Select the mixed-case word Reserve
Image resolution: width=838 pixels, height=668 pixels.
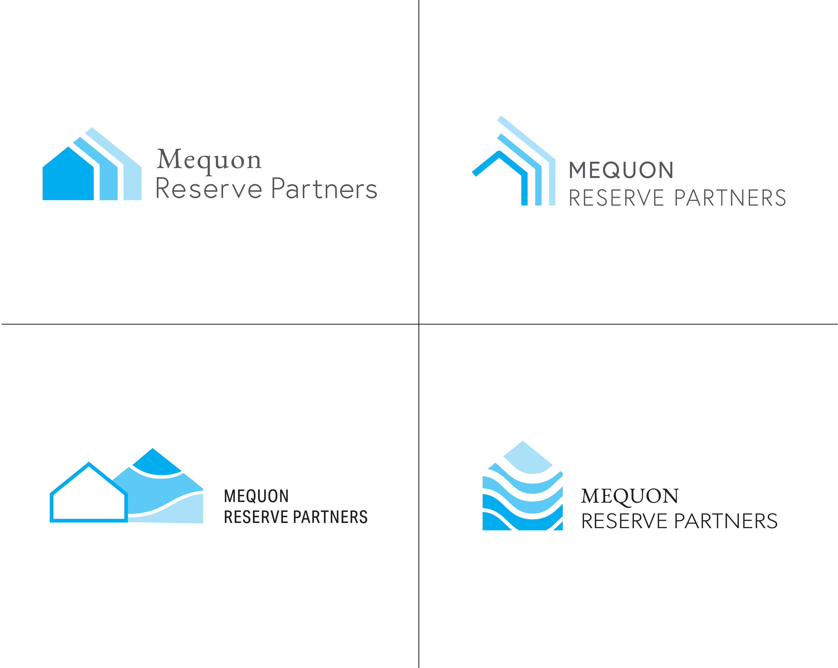(209, 189)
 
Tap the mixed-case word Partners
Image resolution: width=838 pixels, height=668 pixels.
(324, 189)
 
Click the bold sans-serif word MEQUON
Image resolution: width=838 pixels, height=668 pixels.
(621, 170)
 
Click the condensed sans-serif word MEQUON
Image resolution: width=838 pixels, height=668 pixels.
(256, 496)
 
